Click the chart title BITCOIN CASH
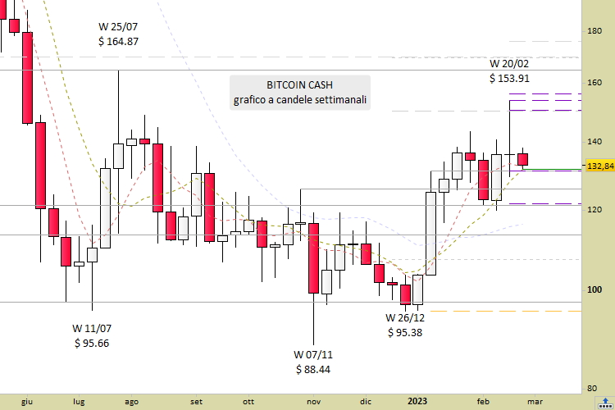coord(299,85)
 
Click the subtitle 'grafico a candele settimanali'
coord(299,101)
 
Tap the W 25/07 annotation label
coord(118,26)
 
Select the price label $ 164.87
coord(118,42)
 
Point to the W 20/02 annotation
coord(509,63)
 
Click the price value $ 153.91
coord(509,79)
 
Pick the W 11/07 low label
coord(91,328)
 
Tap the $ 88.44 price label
coord(314,370)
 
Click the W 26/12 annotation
coord(406,317)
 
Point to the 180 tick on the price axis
coord(595,31)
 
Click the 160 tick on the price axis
coord(595,83)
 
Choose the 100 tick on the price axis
coord(595,289)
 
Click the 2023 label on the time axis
coord(417,401)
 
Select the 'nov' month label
coord(313,402)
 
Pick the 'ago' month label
coord(130,402)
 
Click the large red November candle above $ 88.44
coord(313,257)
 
